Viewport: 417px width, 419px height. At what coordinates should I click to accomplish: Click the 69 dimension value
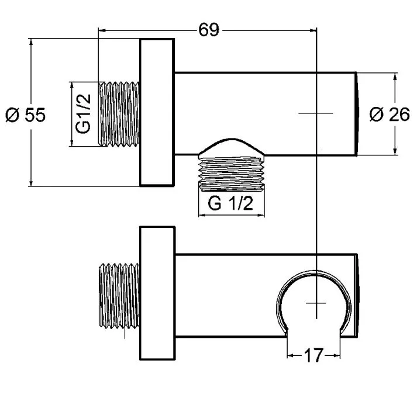pyautogui.click(x=209, y=30)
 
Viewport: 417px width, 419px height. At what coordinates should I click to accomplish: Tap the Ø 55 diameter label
pyautogui.click(x=26, y=115)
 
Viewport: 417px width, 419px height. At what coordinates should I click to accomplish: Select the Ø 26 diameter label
pyautogui.click(x=390, y=115)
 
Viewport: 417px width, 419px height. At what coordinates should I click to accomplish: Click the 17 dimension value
pyautogui.click(x=313, y=355)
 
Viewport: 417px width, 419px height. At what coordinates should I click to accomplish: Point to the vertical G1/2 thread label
pyautogui.click(x=83, y=113)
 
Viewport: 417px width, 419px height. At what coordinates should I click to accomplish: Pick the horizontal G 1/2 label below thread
pyautogui.click(x=230, y=203)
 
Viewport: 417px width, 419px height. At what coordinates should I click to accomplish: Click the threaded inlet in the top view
pyautogui.click(x=119, y=114)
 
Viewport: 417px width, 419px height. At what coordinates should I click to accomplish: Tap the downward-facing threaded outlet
pyautogui.click(x=232, y=174)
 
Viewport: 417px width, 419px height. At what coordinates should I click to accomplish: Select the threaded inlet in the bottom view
pyautogui.click(x=119, y=296)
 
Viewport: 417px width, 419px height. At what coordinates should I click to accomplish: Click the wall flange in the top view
pyautogui.click(x=157, y=112)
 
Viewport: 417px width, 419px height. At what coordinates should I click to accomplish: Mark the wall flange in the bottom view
pyautogui.click(x=157, y=293)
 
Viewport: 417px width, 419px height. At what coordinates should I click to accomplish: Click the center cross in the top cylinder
pyautogui.click(x=316, y=113)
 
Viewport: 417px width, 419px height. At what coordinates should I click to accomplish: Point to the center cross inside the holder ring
pyautogui.click(x=316, y=303)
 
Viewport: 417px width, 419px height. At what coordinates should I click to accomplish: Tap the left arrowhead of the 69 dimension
pyautogui.click(x=102, y=30)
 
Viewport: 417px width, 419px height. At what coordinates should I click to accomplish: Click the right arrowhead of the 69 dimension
pyautogui.click(x=313, y=30)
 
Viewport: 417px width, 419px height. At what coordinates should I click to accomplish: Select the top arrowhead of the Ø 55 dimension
pyautogui.click(x=31, y=42)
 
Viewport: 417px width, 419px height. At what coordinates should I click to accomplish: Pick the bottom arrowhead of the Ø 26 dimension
pyautogui.click(x=395, y=151)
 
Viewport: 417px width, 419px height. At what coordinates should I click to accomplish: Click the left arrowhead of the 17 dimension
pyautogui.click(x=291, y=355)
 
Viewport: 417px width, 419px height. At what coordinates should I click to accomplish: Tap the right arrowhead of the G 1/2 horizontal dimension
pyautogui.click(x=261, y=215)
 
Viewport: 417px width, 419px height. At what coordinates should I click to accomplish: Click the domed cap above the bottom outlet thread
pyautogui.click(x=232, y=147)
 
